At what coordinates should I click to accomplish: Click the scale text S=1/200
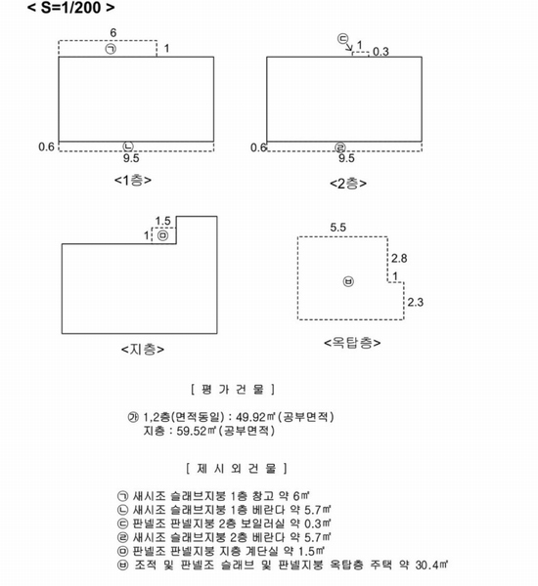tap(70, 8)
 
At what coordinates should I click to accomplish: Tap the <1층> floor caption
tap(133, 180)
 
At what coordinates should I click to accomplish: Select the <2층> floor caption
tap(348, 184)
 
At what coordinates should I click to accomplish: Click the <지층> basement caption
tap(143, 350)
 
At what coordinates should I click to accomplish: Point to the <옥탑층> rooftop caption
tap(352, 343)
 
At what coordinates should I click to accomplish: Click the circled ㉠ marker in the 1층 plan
tap(111, 49)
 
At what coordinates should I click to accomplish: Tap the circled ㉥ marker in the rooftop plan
tap(348, 281)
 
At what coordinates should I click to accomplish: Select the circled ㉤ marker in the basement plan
tap(162, 235)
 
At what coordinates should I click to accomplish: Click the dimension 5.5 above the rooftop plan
tap(338, 228)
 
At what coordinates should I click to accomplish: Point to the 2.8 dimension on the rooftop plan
tap(399, 258)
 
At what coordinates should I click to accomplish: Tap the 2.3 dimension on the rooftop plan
tap(415, 302)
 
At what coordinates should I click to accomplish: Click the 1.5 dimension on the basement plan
tap(162, 221)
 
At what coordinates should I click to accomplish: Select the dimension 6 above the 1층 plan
tap(113, 33)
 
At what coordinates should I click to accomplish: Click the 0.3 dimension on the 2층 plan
tap(381, 52)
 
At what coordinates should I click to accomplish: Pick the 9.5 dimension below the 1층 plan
tap(131, 158)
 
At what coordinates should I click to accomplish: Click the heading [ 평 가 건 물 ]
tap(233, 390)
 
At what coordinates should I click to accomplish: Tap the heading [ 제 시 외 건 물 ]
tap(237, 468)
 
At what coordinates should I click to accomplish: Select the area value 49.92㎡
tap(255, 417)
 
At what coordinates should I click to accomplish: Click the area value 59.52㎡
tap(197, 431)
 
